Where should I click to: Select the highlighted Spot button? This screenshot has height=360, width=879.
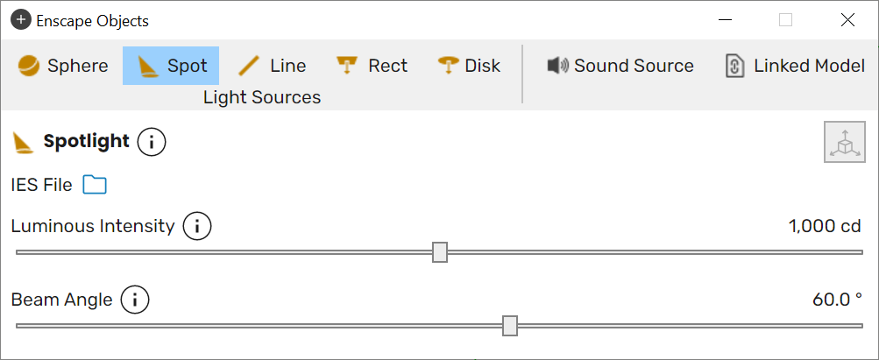point(171,66)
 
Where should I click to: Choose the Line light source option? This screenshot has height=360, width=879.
point(272,66)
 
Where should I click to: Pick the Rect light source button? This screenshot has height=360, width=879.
point(372,66)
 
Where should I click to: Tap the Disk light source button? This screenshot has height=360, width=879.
point(469,66)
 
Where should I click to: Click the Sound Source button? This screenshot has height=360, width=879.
point(620,66)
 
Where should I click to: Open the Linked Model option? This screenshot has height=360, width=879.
point(795,66)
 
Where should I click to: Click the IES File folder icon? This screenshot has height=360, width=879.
point(95,184)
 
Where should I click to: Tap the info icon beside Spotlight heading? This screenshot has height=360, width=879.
point(152,142)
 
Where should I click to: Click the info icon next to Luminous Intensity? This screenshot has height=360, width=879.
point(197,227)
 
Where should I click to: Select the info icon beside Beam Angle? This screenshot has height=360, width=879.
point(135,300)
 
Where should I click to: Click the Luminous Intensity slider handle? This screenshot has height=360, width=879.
point(440,252)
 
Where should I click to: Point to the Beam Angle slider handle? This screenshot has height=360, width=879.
point(509,325)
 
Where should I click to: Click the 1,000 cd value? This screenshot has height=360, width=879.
point(825,227)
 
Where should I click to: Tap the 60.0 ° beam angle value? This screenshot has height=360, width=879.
point(837,300)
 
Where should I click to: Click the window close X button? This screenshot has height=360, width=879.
point(847,20)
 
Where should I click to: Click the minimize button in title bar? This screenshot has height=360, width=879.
point(726,20)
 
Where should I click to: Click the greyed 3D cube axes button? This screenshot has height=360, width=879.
point(844,142)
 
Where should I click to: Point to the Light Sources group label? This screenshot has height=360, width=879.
point(262,97)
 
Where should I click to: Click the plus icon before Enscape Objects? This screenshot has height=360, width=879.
point(21,21)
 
